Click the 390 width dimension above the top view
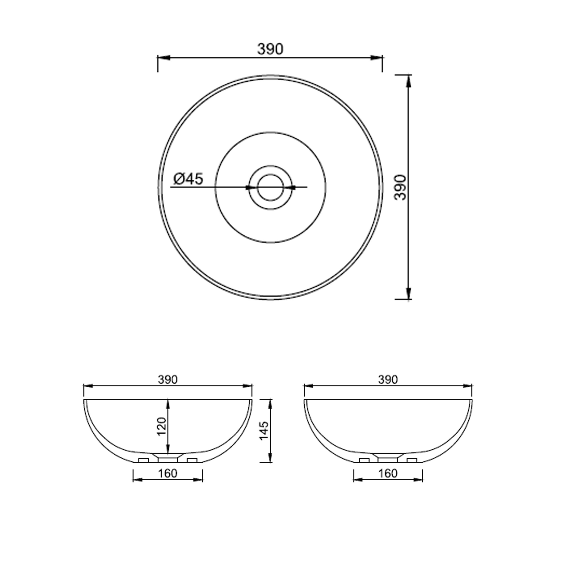(270, 49)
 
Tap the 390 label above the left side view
(168, 380)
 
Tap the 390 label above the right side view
(388, 380)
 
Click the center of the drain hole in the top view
(271, 187)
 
